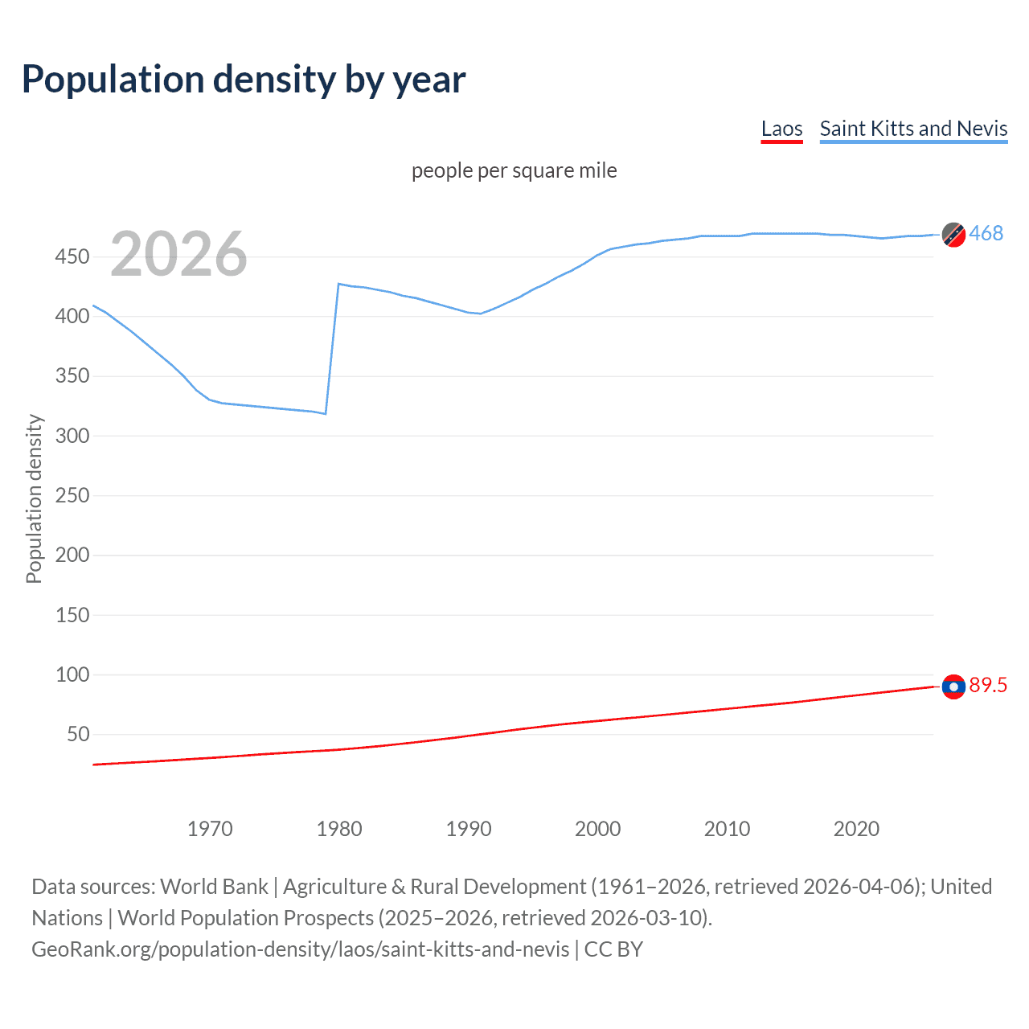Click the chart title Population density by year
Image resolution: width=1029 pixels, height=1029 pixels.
pyautogui.click(x=244, y=80)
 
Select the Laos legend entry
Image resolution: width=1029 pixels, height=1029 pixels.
pyautogui.click(x=781, y=129)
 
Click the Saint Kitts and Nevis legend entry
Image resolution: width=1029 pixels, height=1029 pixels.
pyautogui.click(x=913, y=129)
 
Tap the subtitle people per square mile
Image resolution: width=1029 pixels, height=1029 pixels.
pyautogui.click(x=514, y=170)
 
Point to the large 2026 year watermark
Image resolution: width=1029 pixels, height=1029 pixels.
pyautogui.click(x=178, y=254)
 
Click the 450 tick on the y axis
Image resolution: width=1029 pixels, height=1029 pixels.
pyautogui.click(x=72, y=257)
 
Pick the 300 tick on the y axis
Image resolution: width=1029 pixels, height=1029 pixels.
pyautogui.click(x=72, y=436)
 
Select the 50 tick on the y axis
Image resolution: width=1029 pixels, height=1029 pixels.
pyautogui.click(x=78, y=734)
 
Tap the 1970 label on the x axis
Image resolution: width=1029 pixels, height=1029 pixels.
pyautogui.click(x=210, y=829)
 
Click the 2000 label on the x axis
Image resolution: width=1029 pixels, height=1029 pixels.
pyautogui.click(x=597, y=829)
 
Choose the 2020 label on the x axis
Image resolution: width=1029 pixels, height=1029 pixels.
pyautogui.click(x=856, y=829)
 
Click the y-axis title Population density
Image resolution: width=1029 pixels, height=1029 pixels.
pyautogui.click(x=34, y=498)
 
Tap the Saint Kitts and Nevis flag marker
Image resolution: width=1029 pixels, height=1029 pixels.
pyautogui.click(x=953, y=235)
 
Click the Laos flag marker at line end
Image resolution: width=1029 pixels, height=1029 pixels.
pyautogui.click(x=953, y=687)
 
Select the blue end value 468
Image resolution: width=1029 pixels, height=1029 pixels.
pyautogui.click(x=986, y=233)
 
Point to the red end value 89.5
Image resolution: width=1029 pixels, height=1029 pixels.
pyautogui.click(x=988, y=685)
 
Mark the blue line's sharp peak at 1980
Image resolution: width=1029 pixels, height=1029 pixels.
pyautogui.click(x=338, y=284)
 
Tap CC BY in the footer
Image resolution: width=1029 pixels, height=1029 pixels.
pyautogui.click(x=613, y=949)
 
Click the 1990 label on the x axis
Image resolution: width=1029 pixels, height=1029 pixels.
pyautogui.click(x=468, y=829)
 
